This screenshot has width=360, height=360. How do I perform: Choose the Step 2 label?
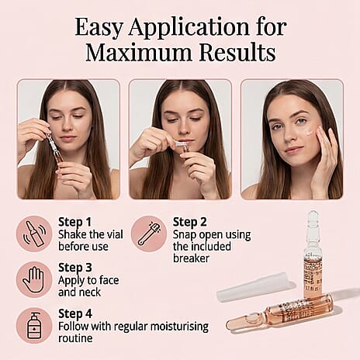click(x=189, y=222)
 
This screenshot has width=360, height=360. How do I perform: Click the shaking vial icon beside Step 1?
click(x=34, y=234)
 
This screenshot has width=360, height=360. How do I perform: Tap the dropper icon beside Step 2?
click(x=149, y=234)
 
